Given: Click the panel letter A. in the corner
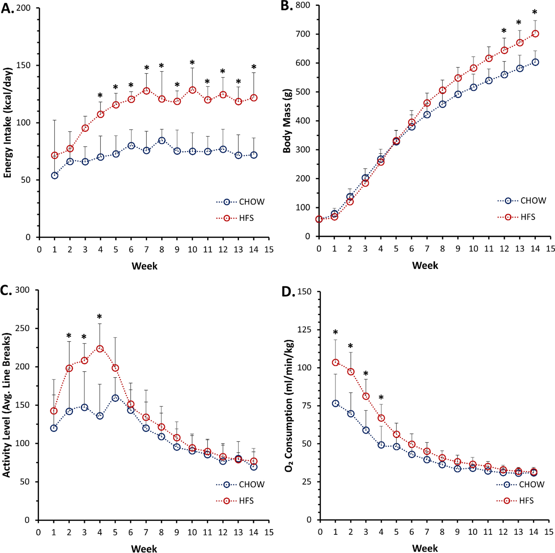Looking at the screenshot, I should [x=8, y=8].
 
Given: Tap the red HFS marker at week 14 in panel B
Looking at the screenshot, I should [x=535, y=34].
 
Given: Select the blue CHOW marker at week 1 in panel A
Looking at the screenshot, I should [x=55, y=175].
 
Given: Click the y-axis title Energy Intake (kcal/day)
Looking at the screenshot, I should [x=8, y=123].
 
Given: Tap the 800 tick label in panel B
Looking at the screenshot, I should [x=303, y=5].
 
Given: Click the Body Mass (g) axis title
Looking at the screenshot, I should [x=287, y=121].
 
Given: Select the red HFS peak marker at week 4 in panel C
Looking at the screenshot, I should [x=100, y=349].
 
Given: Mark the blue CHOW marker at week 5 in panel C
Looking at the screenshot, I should [x=115, y=398].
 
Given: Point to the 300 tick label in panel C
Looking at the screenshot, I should [x=22, y=290].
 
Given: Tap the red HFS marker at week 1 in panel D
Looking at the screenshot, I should [x=336, y=363].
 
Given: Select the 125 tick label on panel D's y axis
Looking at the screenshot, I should [x=304, y=330].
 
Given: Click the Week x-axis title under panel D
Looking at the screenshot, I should [x=425, y=548].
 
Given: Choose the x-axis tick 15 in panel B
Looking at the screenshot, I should [x=550, y=249].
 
